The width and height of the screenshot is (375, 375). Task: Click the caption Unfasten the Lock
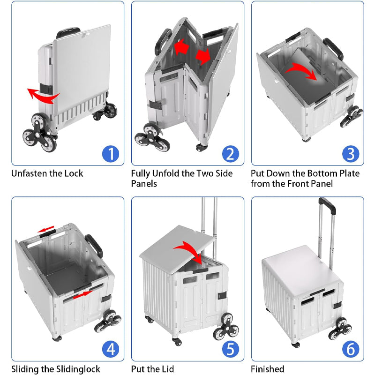[47, 173]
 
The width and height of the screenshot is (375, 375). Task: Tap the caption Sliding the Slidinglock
[55, 369]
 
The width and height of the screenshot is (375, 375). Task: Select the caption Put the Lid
[152, 369]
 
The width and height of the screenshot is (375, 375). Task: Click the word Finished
[268, 369]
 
